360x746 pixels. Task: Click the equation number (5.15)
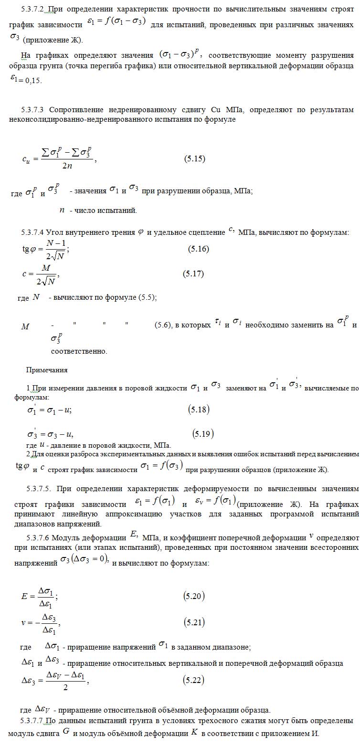(195, 158)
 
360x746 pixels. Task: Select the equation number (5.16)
(198, 249)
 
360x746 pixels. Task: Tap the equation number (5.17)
(193, 273)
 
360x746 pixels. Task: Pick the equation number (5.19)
(203, 433)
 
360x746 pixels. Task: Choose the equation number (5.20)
(194, 596)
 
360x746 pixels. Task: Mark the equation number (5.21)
(194, 622)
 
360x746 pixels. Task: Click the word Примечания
(47, 370)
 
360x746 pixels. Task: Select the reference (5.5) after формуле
(147, 297)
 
